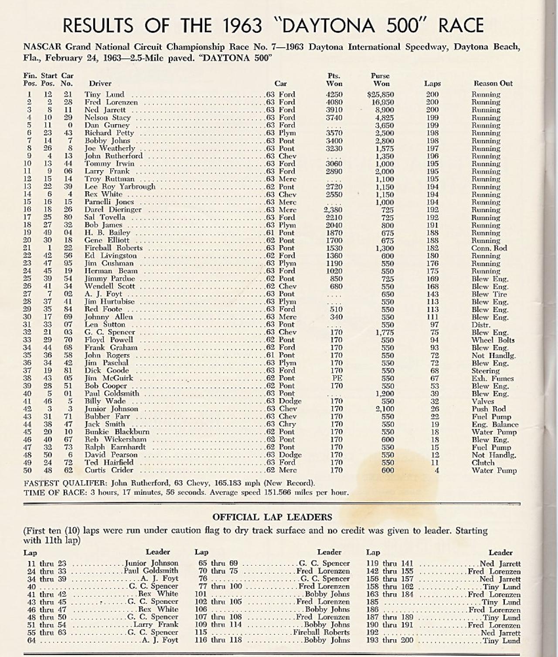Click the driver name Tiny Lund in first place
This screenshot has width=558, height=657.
click(x=104, y=94)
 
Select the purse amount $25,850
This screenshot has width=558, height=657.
click(x=381, y=94)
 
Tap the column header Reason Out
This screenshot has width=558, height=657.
click(x=493, y=83)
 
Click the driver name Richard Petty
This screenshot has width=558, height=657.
click(x=109, y=133)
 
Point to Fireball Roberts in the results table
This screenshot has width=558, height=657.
click(x=113, y=248)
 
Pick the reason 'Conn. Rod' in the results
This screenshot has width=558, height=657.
click(x=489, y=248)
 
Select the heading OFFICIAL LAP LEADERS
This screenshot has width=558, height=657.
click(x=272, y=517)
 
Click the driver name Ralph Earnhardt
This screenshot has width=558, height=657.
click(x=115, y=447)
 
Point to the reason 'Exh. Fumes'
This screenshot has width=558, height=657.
click(x=493, y=378)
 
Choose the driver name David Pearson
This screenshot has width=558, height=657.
click(x=111, y=455)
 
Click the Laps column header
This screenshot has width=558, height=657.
click(x=432, y=83)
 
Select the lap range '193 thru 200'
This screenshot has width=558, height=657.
click(x=389, y=641)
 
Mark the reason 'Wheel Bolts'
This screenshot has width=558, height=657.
click(x=493, y=340)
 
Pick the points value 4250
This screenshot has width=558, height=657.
click(x=334, y=94)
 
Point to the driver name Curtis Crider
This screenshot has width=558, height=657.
click(x=109, y=470)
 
